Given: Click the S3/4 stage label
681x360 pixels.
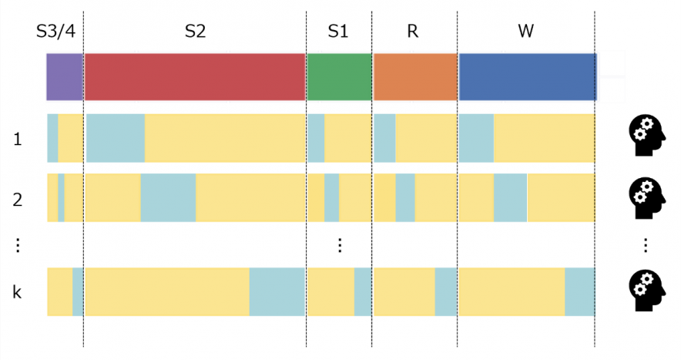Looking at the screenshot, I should click(x=60, y=32).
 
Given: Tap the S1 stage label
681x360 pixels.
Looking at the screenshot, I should click(x=338, y=32).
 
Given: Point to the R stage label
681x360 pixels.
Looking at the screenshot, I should click(x=412, y=32).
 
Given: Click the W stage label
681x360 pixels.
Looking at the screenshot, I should click(x=527, y=32).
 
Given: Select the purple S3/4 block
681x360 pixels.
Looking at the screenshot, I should click(x=65, y=77).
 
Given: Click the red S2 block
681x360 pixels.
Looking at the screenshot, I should click(x=195, y=77).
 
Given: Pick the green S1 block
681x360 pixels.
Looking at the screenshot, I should click(x=340, y=77).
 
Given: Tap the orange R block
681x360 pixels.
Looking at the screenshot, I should click(x=415, y=77).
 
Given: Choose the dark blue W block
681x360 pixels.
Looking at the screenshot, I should click(x=528, y=77).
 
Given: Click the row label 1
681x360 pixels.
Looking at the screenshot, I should click(x=16, y=140).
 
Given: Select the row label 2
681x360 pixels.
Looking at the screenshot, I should click(x=16, y=198).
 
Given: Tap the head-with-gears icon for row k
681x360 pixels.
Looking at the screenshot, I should click(x=645, y=290).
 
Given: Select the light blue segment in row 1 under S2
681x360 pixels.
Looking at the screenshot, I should click(x=116, y=138).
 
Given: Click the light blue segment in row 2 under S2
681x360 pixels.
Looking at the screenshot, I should click(x=168, y=198).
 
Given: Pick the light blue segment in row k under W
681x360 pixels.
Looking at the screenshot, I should click(x=579, y=291).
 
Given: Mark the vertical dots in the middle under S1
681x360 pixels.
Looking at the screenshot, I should click(x=339, y=245).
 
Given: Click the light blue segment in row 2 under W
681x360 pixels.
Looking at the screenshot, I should click(x=510, y=198).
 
